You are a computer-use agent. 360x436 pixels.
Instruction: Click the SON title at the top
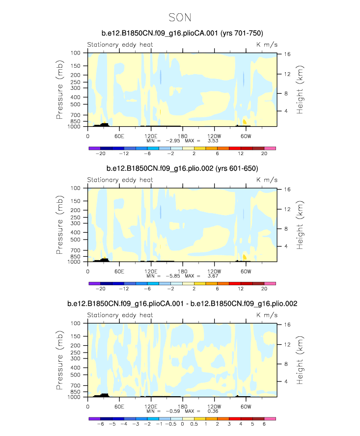[x=179, y=18]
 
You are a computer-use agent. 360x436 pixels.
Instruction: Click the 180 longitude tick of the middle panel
[x=182, y=271]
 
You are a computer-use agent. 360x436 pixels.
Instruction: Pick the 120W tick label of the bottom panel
[x=214, y=406]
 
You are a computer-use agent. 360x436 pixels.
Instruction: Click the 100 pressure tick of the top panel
[x=76, y=53]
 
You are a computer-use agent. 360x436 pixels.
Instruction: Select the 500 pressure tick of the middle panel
[x=76, y=240]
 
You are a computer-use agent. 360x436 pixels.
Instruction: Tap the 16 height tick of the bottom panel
[x=286, y=325]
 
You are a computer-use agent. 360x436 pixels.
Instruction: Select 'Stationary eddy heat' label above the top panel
[x=120, y=44]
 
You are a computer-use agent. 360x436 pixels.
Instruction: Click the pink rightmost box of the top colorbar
[x=270, y=148]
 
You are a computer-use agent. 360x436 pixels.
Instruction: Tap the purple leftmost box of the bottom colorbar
[x=94, y=418]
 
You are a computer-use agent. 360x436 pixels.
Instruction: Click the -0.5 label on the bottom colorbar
[x=171, y=424]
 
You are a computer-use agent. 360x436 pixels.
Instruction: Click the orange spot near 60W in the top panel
[x=245, y=122]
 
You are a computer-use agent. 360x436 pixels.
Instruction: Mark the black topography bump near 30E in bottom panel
[x=104, y=394]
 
